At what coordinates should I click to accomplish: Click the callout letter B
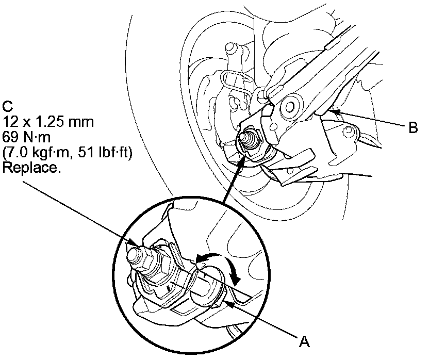pos(412,128)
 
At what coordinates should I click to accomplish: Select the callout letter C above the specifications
pos(7,107)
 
